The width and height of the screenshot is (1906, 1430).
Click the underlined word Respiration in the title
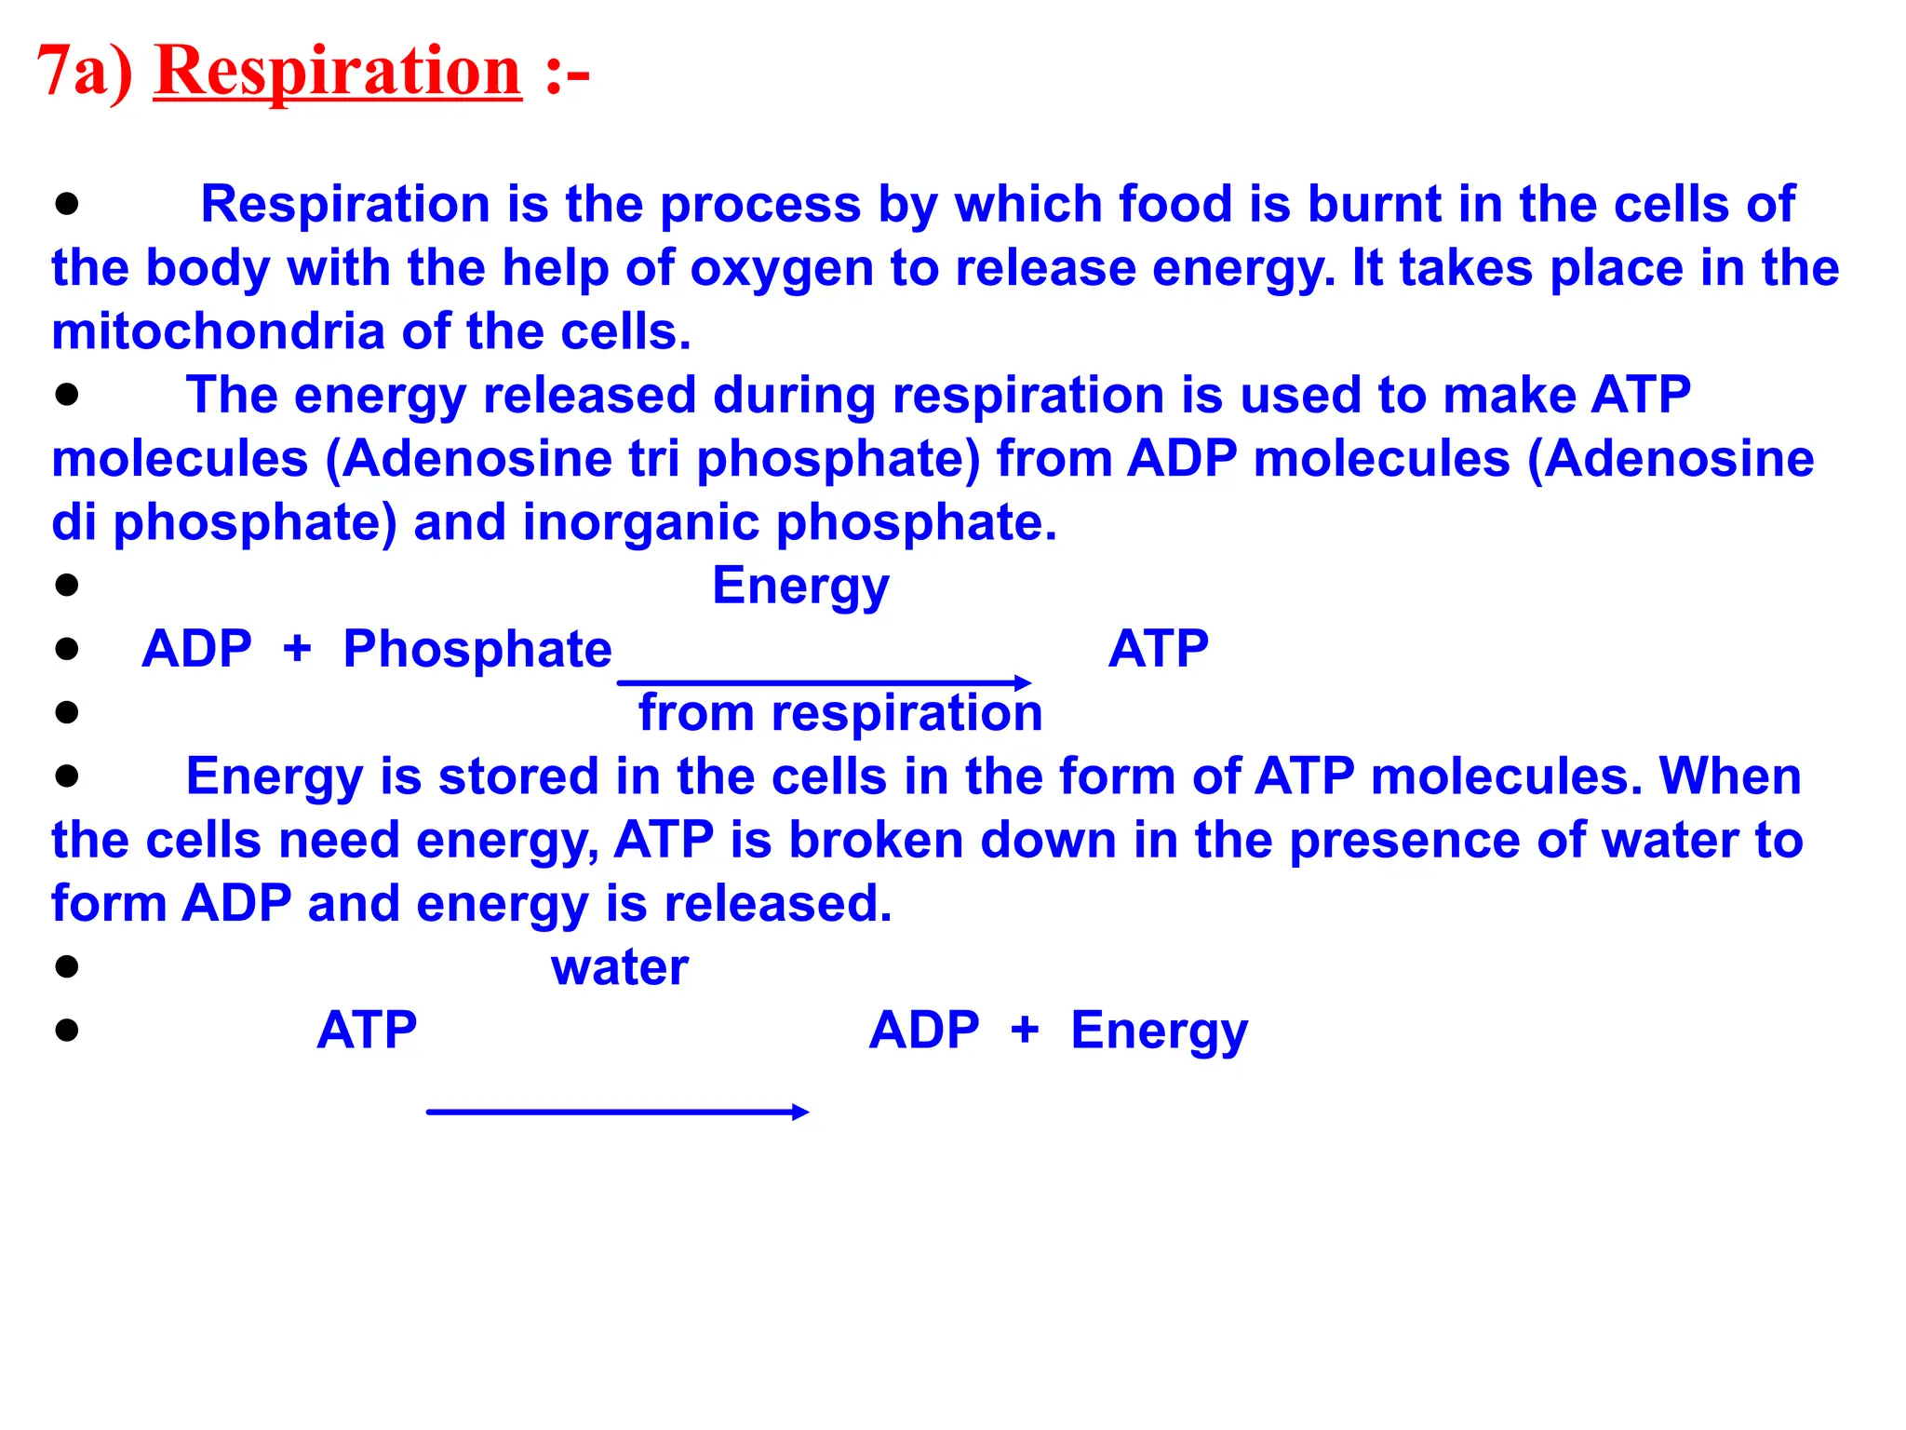tap(337, 72)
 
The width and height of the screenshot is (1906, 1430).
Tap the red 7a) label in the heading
tap(84, 72)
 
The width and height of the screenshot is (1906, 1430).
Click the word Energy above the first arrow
tap(800, 587)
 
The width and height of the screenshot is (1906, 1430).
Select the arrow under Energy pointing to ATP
tap(824, 683)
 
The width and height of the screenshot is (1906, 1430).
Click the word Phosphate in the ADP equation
tap(476, 649)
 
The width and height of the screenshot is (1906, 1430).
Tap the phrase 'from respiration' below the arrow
tap(839, 713)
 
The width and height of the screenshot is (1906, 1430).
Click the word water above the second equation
tap(620, 967)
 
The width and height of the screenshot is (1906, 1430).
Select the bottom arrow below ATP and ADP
tap(618, 1112)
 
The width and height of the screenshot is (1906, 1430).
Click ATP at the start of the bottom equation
tap(367, 1031)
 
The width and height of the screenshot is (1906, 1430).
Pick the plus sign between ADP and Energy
tap(1025, 1031)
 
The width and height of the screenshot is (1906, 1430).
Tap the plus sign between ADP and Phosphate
tap(297, 649)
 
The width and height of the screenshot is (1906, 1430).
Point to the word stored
tap(517, 776)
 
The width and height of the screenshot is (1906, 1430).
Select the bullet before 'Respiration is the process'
tap(66, 204)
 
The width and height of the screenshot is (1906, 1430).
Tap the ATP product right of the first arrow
tap(1158, 649)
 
